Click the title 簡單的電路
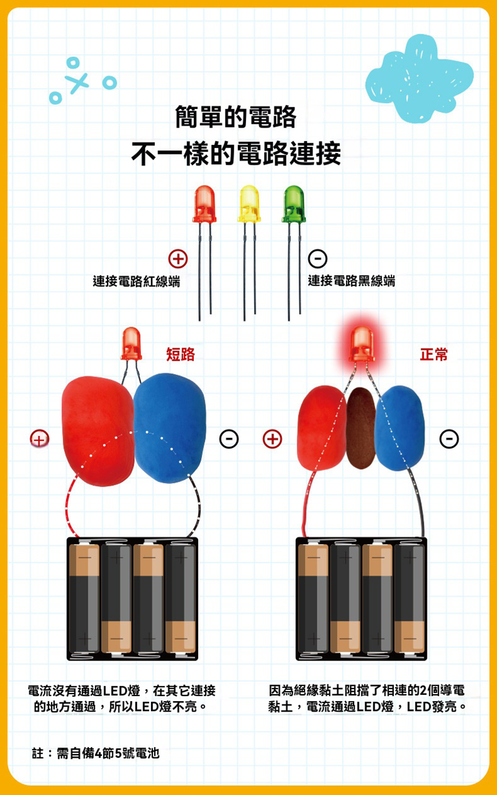[x=235, y=118]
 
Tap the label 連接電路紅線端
[x=136, y=281]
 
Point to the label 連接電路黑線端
[x=351, y=281]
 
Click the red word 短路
[x=180, y=355]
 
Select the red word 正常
[x=434, y=355]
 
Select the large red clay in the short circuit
[x=98, y=429]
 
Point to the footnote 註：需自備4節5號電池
[x=96, y=753]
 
